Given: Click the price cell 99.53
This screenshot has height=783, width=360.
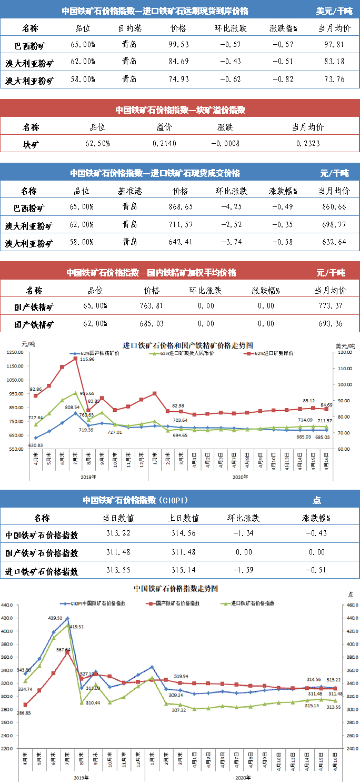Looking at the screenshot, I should (x=178, y=45).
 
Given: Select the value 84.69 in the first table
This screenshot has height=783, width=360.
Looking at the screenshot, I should (x=178, y=62).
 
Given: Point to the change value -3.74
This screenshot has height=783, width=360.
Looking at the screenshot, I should (x=231, y=243).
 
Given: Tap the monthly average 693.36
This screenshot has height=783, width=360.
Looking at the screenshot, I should (x=331, y=323).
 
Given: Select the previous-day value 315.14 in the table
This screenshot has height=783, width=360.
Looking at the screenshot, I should (x=185, y=571).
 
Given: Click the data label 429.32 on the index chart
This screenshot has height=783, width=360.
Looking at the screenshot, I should (x=56, y=618).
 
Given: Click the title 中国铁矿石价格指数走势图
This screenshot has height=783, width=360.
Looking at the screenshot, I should (x=176, y=588).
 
